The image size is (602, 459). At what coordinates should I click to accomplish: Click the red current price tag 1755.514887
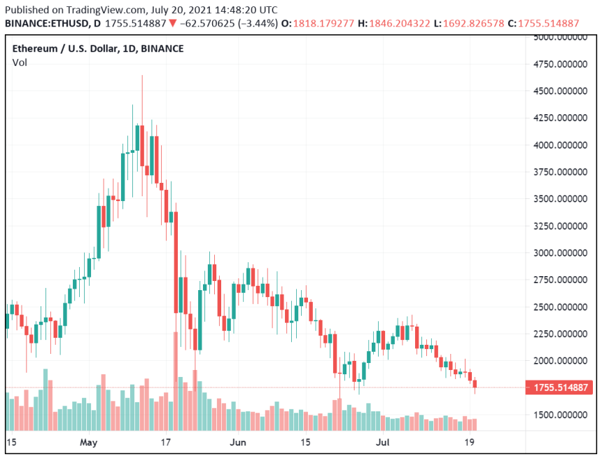click(x=559, y=388)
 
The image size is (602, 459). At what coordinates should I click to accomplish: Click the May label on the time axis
click(x=88, y=443)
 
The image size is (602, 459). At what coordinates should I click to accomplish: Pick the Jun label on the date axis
click(x=239, y=443)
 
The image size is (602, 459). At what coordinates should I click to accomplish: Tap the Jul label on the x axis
click(x=381, y=443)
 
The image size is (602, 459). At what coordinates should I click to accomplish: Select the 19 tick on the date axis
click(x=470, y=443)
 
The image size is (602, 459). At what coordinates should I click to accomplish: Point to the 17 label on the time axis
click(x=166, y=443)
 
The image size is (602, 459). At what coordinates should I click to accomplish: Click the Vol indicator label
click(x=20, y=63)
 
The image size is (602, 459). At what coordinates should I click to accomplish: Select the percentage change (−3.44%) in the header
click(x=255, y=23)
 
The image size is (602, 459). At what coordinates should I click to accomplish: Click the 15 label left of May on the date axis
click(x=10, y=443)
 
